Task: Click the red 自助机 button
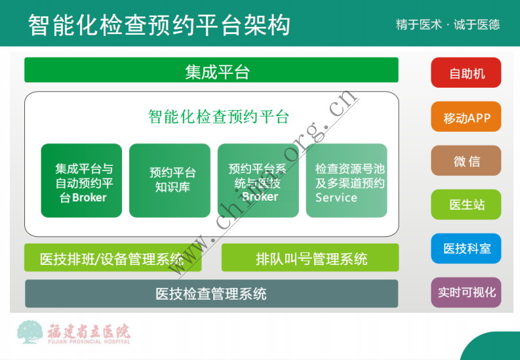(466, 73)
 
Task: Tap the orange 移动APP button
(466, 118)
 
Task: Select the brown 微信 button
(466, 161)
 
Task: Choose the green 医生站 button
(466, 205)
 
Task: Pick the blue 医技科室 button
(466, 249)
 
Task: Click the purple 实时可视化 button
(466, 292)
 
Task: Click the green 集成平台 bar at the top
(211, 71)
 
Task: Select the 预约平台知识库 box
(169, 180)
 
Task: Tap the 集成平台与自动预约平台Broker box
(81, 180)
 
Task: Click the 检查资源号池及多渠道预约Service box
(346, 180)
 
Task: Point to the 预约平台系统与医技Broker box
(258, 180)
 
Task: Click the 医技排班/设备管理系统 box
(112, 258)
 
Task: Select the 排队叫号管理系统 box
(310, 258)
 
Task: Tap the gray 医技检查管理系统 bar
(211, 293)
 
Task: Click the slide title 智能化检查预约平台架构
(159, 25)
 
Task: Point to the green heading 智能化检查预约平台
(218, 117)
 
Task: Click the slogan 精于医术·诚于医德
(448, 25)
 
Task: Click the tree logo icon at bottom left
(30, 332)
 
